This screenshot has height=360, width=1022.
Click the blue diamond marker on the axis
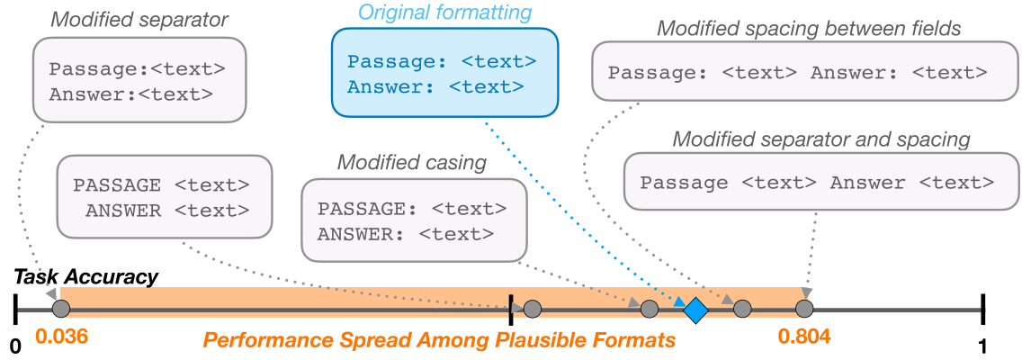tap(695, 310)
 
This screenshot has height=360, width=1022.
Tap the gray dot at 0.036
tap(60, 310)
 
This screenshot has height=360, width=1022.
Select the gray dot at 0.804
tap(804, 310)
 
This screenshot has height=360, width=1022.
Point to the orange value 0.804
tap(804, 337)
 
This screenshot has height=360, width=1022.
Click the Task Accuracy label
tap(86, 278)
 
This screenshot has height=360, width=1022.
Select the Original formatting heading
tap(444, 13)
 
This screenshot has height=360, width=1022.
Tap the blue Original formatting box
tap(444, 73)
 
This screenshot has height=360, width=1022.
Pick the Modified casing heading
tap(412, 162)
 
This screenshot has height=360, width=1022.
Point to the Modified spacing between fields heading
tap(809, 28)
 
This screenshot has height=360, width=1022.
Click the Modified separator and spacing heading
tap(821, 139)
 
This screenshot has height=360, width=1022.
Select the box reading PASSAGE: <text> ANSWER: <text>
tap(412, 220)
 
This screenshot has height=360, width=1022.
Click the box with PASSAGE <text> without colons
tap(163, 198)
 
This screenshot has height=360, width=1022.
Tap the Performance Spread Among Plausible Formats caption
tap(438, 341)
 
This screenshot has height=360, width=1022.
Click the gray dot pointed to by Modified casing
tap(649, 310)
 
